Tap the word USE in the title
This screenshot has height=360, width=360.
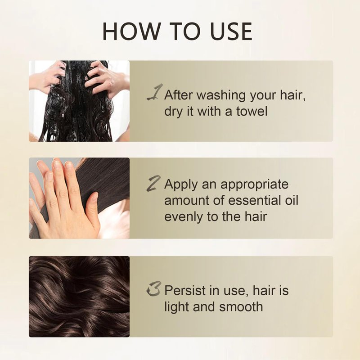[231, 31]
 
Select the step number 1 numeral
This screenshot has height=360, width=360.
[155, 92]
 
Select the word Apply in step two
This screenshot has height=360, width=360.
[181, 185]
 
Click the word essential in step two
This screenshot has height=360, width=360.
[252, 200]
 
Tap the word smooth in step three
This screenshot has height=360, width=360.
[241, 307]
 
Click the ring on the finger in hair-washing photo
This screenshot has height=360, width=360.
[111, 83]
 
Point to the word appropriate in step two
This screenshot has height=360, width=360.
[254, 185]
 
